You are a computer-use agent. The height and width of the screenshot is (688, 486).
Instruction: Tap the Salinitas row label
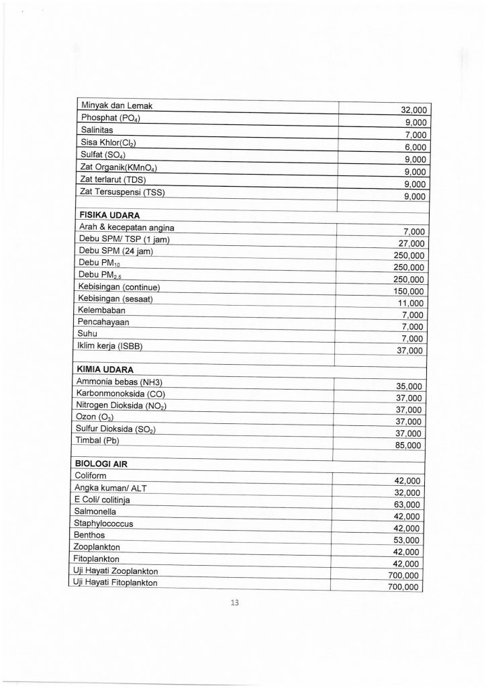97,130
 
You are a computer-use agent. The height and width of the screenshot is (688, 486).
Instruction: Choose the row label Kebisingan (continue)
121,286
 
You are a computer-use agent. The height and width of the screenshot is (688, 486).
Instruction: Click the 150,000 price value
409,291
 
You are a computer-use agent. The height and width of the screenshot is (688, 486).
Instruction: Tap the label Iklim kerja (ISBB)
111,346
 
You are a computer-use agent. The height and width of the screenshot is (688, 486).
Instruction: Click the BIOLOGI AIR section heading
106,464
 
